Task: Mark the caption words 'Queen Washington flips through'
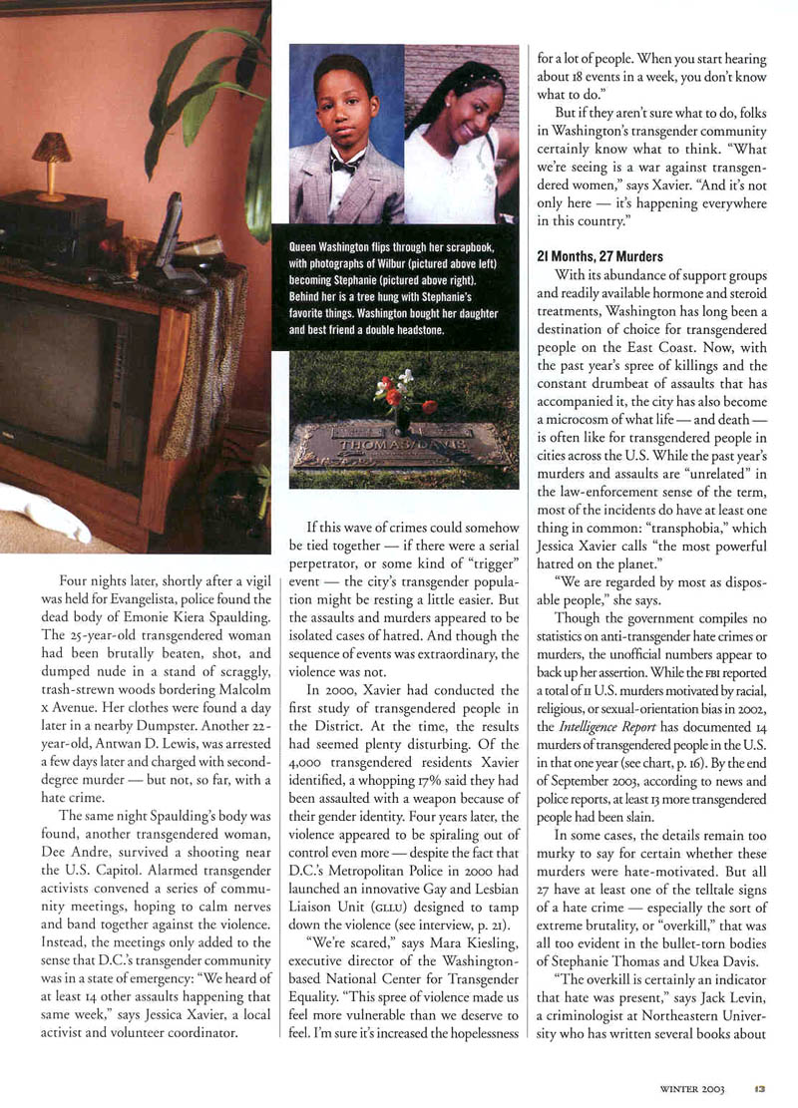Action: [x=348, y=246]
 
